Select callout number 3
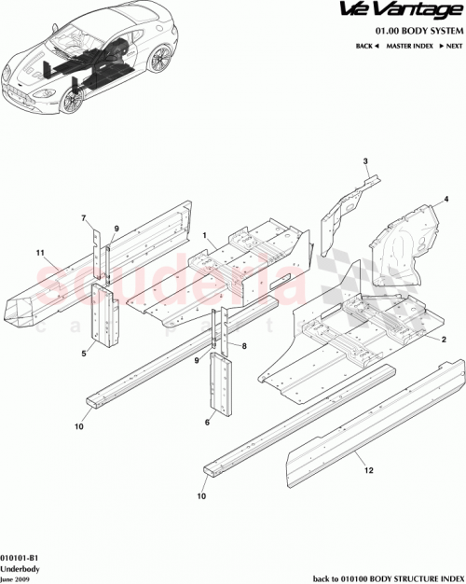click(x=366, y=161)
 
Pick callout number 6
click(x=208, y=422)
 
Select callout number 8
click(x=243, y=346)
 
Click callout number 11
click(x=40, y=253)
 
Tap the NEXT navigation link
click(x=451, y=45)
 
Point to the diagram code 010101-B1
click(x=21, y=556)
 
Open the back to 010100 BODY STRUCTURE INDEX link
click(x=387, y=577)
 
